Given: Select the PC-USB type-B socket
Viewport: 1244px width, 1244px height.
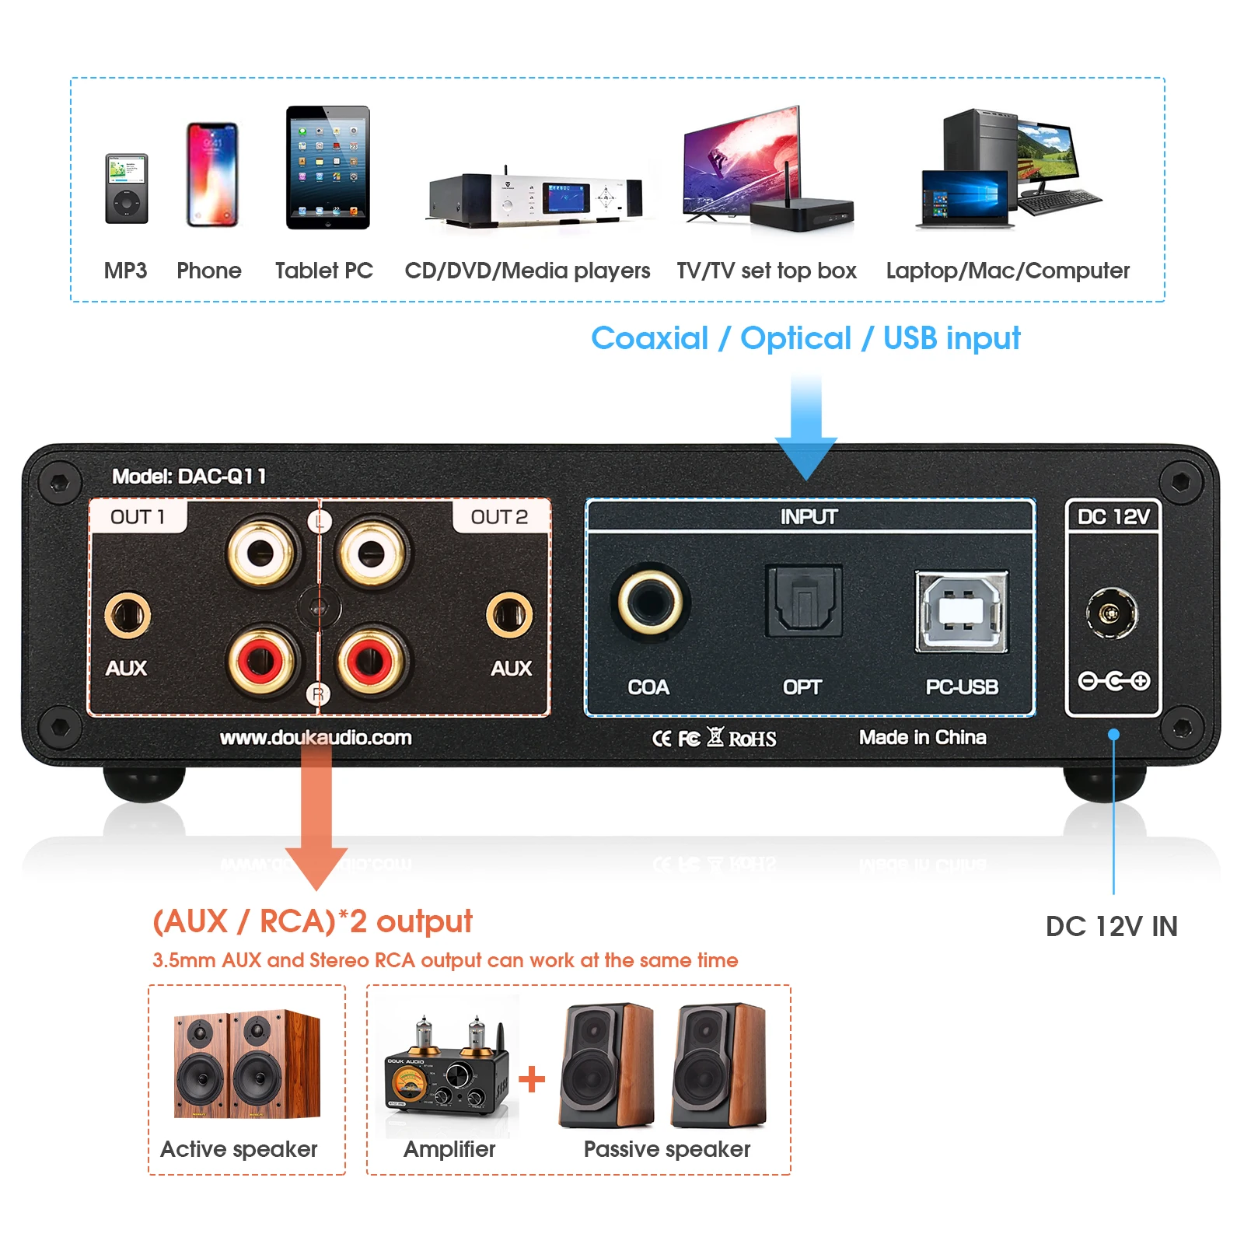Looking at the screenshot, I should click(962, 611).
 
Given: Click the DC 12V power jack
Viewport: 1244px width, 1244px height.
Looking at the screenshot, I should click(1112, 613).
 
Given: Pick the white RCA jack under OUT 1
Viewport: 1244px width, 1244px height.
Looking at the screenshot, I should click(260, 553).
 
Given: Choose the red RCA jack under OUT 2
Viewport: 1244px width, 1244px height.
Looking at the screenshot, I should click(371, 662).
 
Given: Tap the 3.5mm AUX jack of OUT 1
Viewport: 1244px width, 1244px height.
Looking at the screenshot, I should click(128, 615).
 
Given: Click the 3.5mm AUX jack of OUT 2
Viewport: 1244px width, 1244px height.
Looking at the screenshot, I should click(509, 615).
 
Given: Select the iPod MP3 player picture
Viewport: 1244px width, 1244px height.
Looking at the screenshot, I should click(127, 189).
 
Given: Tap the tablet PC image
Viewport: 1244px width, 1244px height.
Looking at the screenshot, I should click(327, 168).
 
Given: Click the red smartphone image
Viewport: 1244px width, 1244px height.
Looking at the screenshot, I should click(212, 175).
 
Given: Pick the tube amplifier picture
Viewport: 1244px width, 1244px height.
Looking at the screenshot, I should click(446, 1069).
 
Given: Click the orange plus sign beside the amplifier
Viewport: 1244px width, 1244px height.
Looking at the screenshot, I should click(532, 1079).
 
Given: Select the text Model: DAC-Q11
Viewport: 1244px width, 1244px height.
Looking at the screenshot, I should click(189, 476).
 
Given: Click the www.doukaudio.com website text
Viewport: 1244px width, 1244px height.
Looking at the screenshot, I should click(316, 737).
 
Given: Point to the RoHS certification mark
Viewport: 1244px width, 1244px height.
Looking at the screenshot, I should click(752, 739).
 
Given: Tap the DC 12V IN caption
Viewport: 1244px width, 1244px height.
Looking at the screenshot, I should click(1111, 926).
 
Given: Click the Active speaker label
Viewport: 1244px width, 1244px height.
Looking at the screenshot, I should click(239, 1149).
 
